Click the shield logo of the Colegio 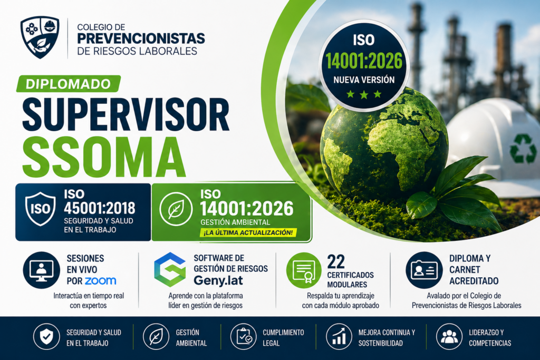[40, 37]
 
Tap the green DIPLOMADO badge [69, 84]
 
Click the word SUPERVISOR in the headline [126, 114]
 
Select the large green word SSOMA [104, 157]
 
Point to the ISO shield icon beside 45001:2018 [40, 209]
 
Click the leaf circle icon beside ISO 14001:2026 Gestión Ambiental [176, 209]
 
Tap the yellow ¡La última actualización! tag [248, 232]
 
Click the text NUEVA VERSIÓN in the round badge [364, 80]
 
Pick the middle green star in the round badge [364, 94]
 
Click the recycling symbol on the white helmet [523, 148]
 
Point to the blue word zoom [101, 281]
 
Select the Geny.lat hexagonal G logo [170, 269]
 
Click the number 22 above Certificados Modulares [336, 262]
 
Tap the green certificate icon [304, 270]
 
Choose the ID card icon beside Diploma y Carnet [424, 270]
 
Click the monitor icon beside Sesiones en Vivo [41, 270]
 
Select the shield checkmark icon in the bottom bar [46, 337]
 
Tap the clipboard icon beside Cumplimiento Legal [244, 337]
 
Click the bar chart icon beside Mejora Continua [339, 337]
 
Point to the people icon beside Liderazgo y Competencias [449, 337]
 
